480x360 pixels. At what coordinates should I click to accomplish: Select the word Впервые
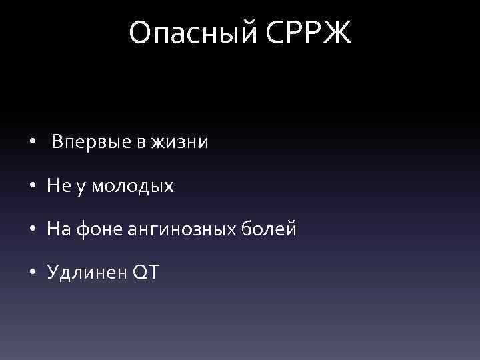click(91, 142)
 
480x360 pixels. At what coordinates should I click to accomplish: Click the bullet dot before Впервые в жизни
click(33, 143)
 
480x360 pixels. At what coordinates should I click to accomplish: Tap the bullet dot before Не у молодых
click(33, 187)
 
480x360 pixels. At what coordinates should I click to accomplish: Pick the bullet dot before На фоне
click(33, 231)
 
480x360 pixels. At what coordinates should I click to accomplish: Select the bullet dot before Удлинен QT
click(33, 274)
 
